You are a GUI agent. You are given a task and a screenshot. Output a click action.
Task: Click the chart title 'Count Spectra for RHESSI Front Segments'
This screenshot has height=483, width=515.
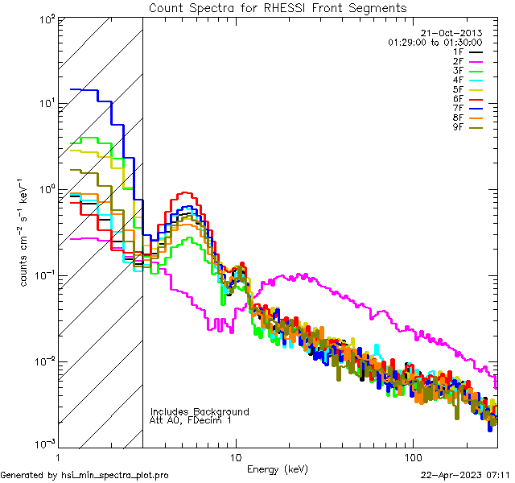(278, 8)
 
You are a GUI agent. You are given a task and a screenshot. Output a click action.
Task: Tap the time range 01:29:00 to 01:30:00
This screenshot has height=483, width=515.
(435, 42)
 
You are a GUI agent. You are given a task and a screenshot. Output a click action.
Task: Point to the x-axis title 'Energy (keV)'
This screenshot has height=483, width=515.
(278, 469)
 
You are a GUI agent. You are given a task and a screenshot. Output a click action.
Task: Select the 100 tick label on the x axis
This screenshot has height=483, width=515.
(412, 457)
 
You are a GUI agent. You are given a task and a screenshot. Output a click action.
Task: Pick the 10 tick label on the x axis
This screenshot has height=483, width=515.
(235, 457)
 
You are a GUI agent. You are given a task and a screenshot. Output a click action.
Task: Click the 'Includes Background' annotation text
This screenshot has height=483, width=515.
(200, 411)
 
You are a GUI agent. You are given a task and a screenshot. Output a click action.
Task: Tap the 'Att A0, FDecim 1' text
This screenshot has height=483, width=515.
(192, 420)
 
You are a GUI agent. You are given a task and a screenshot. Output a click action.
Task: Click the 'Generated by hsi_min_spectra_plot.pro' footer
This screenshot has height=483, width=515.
(84, 475)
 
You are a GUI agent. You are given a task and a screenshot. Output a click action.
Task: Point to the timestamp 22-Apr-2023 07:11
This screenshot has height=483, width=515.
(465, 475)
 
